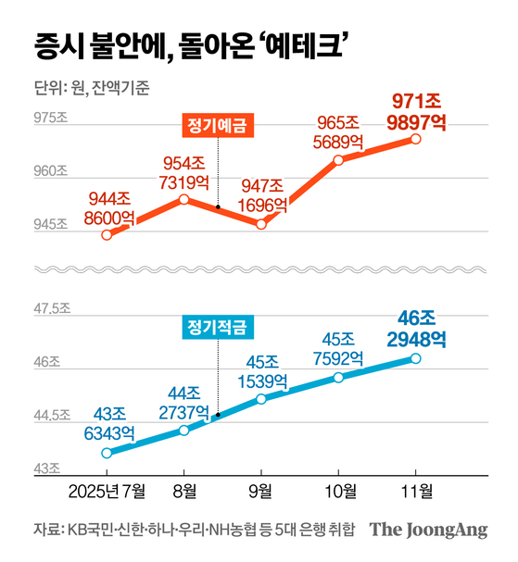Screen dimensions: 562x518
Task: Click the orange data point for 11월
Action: tap(415, 139)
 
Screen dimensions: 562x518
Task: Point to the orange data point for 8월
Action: tap(184, 199)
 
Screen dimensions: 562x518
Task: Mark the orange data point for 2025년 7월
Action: tap(107, 234)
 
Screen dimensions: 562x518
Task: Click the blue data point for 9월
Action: tap(261, 398)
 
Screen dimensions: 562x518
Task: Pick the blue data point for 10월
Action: tap(338, 378)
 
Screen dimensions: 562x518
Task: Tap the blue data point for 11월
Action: tap(415, 358)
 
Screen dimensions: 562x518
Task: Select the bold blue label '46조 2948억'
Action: tap(415, 329)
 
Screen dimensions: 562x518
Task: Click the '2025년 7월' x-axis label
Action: tap(107, 489)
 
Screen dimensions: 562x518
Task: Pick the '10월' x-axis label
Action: tap(338, 489)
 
